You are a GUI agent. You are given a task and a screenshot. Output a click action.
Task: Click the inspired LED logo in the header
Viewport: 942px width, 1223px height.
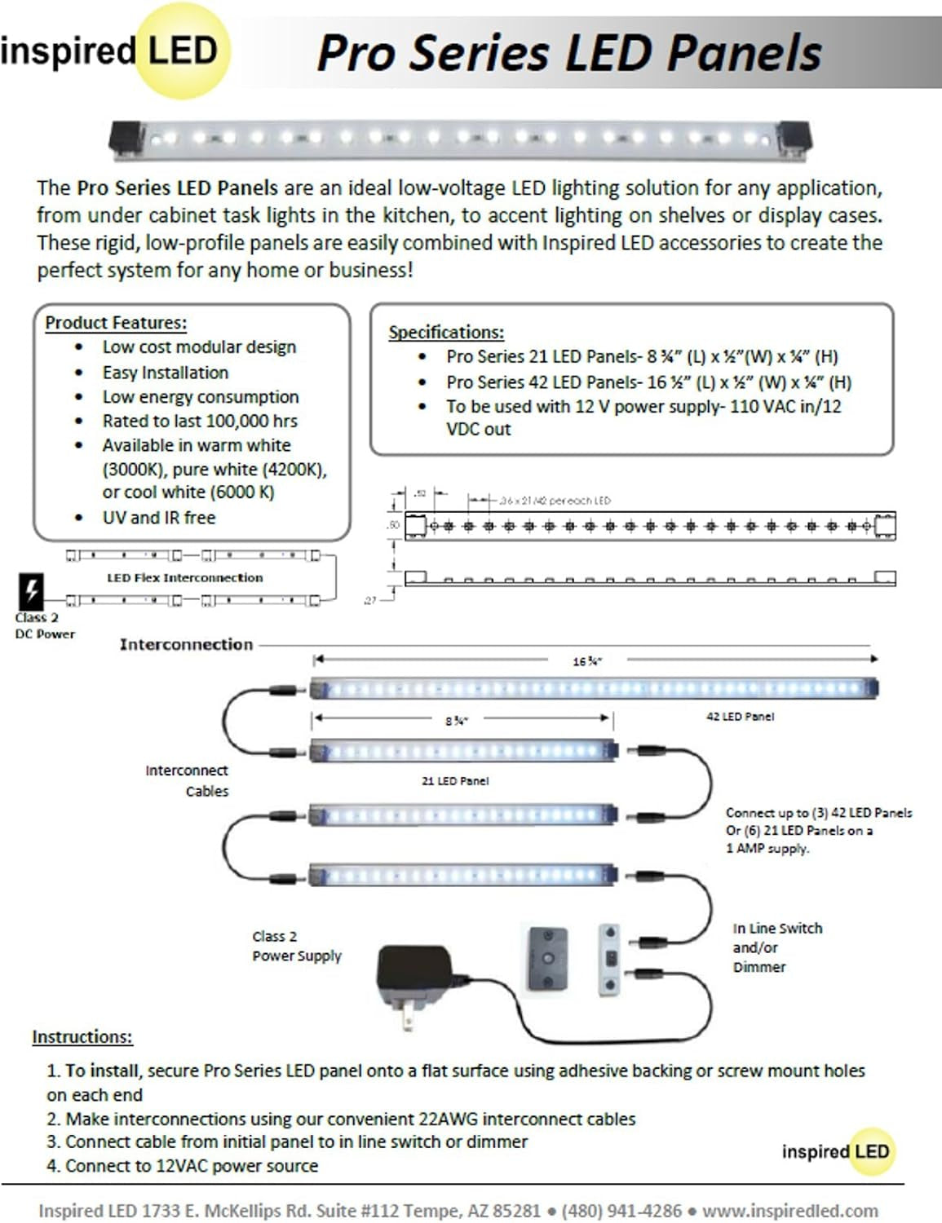[114, 51]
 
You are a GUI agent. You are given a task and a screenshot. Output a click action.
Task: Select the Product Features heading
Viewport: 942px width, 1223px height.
[116, 323]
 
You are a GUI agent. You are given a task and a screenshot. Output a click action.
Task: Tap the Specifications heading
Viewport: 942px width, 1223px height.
[446, 333]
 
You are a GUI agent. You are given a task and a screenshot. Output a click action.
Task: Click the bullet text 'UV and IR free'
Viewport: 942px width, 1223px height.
[159, 518]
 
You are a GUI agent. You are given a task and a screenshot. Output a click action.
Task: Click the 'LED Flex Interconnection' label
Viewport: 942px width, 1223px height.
[185, 578]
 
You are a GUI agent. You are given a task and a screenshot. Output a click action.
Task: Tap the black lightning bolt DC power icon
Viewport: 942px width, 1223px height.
[31, 590]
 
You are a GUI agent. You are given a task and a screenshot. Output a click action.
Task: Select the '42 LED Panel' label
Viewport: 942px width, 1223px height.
[740, 717]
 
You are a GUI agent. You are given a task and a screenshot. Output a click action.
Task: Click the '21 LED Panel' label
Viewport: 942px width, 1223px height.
[455, 781]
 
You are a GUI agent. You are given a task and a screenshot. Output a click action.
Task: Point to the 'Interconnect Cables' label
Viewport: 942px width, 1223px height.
[188, 781]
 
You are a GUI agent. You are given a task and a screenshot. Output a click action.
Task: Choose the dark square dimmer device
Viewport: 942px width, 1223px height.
[547, 958]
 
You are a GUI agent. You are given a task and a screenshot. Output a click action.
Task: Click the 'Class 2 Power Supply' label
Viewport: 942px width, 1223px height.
[296, 947]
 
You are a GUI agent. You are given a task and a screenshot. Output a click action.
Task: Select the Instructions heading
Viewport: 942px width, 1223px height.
[82, 1037]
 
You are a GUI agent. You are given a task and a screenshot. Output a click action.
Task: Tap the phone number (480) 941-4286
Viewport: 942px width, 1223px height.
[621, 1211]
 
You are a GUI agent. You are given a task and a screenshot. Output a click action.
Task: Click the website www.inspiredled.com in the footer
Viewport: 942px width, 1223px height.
[789, 1211]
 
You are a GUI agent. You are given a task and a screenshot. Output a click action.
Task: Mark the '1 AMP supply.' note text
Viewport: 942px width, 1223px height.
[767, 849]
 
